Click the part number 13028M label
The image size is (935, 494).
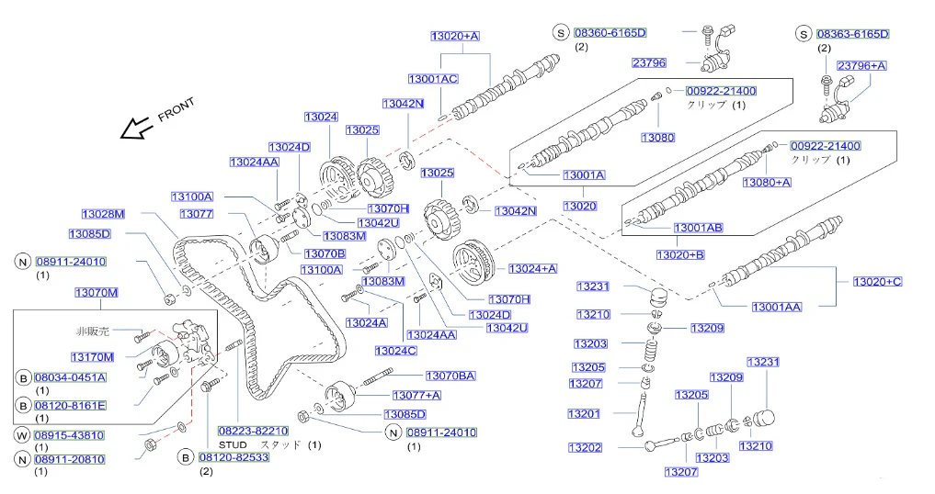coord(103,214)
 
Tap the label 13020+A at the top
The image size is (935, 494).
coord(455,37)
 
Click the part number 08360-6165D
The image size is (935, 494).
coord(610,33)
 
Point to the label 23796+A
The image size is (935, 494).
coord(861,65)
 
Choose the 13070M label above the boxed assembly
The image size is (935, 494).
coord(96,293)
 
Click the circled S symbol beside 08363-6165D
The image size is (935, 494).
coord(804,35)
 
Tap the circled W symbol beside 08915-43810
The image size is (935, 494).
coord(22,435)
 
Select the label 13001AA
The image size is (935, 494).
coord(776,308)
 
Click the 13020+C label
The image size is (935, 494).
coord(877,282)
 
